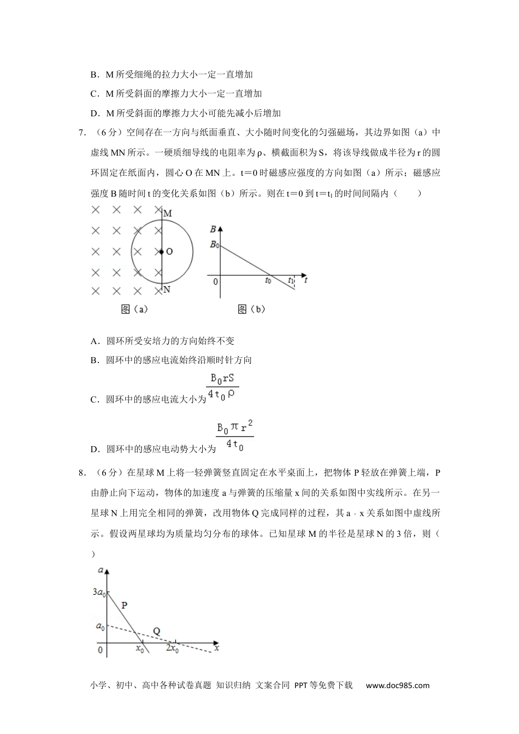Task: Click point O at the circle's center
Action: (162, 252)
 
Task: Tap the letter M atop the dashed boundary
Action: (168, 214)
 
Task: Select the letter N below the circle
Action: (167, 289)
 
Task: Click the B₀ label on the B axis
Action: (214, 245)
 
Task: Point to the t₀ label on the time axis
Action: (268, 281)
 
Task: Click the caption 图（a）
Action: (134, 309)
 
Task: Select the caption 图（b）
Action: (251, 309)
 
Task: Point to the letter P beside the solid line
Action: (124, 605)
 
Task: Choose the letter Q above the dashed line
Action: (156, 631)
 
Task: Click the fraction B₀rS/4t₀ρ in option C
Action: (222, 387)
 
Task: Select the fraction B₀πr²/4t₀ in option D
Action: (235, 436)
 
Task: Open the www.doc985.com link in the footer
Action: (397, 685)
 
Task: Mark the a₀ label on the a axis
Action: (100, 626)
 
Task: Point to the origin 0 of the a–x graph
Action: (100, 650)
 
